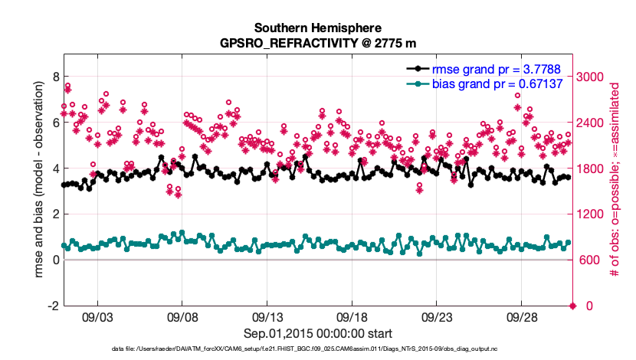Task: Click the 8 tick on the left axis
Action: pyautogui.click(x=55, y=77)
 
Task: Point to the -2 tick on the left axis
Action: pyautogui.click(x=53, y=306)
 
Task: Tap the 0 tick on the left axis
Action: pyautogui.click(x=55, y=260)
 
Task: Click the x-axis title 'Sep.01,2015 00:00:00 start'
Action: pyautogui.click(x=318, y=333)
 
